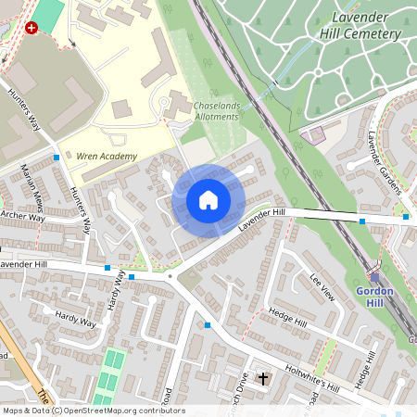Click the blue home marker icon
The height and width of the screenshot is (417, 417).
click(x=208, y=200)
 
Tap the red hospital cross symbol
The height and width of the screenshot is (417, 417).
click(x=33, y=29)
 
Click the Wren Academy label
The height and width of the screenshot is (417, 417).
click(x=107, y=157)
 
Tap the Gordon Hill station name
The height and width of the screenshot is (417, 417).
click(x=374, y=297)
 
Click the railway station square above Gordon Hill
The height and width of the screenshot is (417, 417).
click(x=374, y=276)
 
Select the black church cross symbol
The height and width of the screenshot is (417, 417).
click(x=262, y=379)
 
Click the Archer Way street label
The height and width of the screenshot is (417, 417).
click(x=22, y=217)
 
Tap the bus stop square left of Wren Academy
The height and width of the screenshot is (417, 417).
click(x=57, y=158)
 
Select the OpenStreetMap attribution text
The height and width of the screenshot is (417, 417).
click(x=93, y=411)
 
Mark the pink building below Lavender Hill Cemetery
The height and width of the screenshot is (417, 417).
click(x=315, y=135)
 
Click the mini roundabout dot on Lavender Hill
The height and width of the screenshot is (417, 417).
click(x=171, y=276)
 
